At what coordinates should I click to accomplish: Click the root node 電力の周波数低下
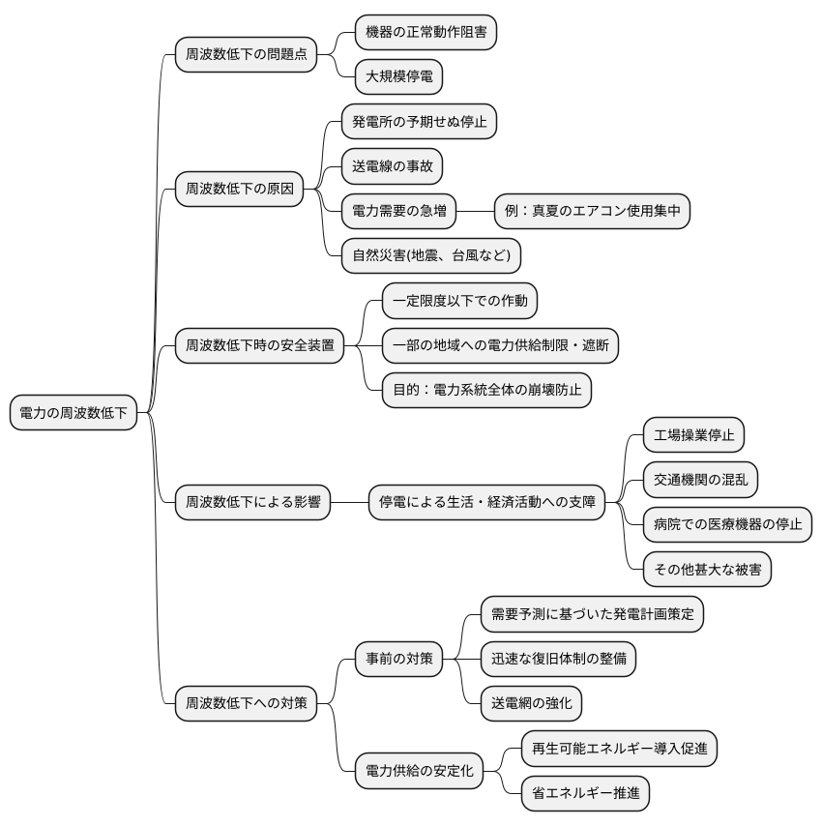coord(73,414)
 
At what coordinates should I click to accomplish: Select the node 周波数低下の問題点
coord(246,54)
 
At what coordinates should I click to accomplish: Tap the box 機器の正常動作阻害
coord(426,32)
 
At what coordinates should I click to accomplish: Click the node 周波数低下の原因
coord(239,189)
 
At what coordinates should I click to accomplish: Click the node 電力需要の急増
coord(398,210)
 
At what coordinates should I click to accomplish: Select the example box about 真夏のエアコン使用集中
coord(592,210)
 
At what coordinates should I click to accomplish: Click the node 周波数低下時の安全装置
coord(259,346)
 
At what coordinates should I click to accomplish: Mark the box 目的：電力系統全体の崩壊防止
coord(486,389)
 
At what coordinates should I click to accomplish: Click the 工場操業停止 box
coord(693,435)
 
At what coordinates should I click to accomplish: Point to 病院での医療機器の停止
coord(727,525)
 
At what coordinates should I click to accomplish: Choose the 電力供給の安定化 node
coord(418,771)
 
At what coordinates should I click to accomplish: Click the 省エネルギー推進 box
coord(585,793)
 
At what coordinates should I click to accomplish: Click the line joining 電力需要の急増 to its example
coord(474,210)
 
